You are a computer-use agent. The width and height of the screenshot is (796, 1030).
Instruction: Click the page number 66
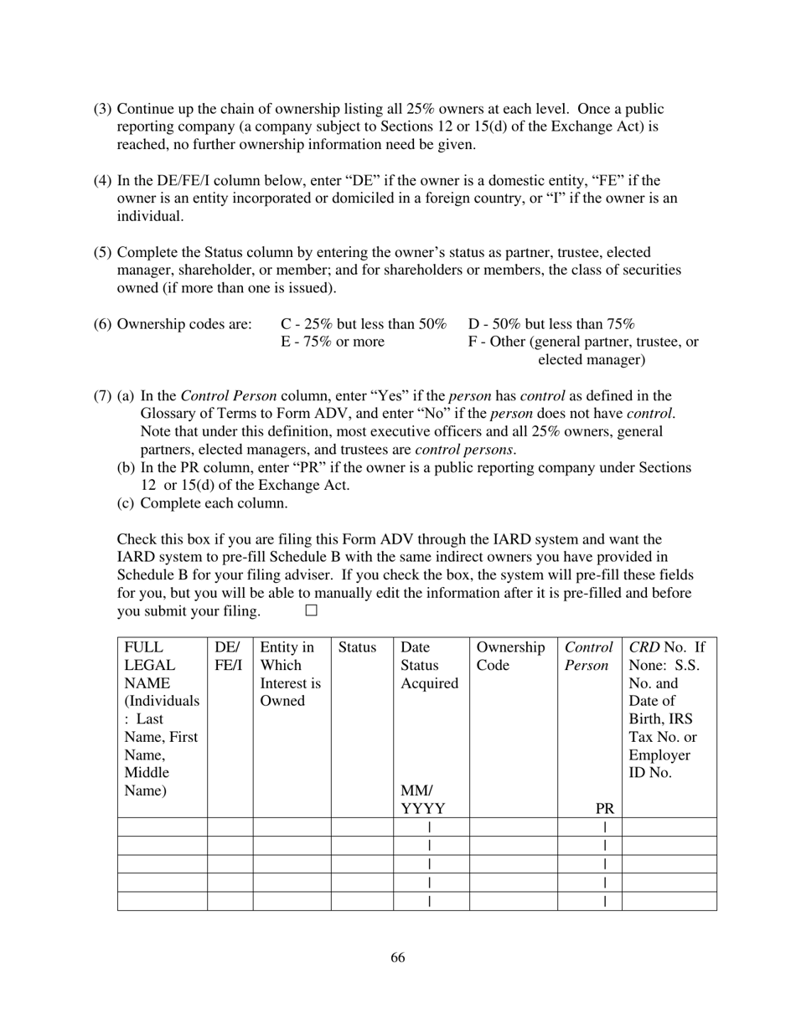tap(397, 958)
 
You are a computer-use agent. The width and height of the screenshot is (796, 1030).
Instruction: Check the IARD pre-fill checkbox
tap(312, 610)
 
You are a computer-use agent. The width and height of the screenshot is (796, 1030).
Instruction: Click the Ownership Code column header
tap(511, 657)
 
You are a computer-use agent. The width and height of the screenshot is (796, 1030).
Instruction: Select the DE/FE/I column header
tap(229, 657)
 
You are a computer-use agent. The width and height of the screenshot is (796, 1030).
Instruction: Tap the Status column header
tap(357, 647)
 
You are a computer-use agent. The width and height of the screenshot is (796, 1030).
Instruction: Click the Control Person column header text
tap(588, 657)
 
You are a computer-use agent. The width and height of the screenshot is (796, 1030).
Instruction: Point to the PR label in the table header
tap(605, 809)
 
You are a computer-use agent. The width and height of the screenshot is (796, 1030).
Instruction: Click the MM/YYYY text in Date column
tap(422, 800)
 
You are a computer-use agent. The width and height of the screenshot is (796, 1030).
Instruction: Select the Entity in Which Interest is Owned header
tap(290, 674)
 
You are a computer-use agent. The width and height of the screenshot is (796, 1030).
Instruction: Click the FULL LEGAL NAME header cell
tap(162, 718)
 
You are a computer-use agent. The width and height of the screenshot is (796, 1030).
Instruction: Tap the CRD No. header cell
tap(668, 710)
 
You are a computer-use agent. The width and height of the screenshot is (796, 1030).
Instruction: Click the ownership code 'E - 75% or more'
tap(333, 342)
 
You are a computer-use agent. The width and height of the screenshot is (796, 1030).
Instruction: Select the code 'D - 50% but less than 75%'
tap(551, 324)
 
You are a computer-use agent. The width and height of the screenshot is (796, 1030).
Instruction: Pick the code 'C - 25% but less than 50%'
tap(364, 324)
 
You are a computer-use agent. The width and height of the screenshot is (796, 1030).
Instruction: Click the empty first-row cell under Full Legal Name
tap(162, 827)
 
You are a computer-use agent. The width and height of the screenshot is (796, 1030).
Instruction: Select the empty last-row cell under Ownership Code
tap(513, 901)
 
